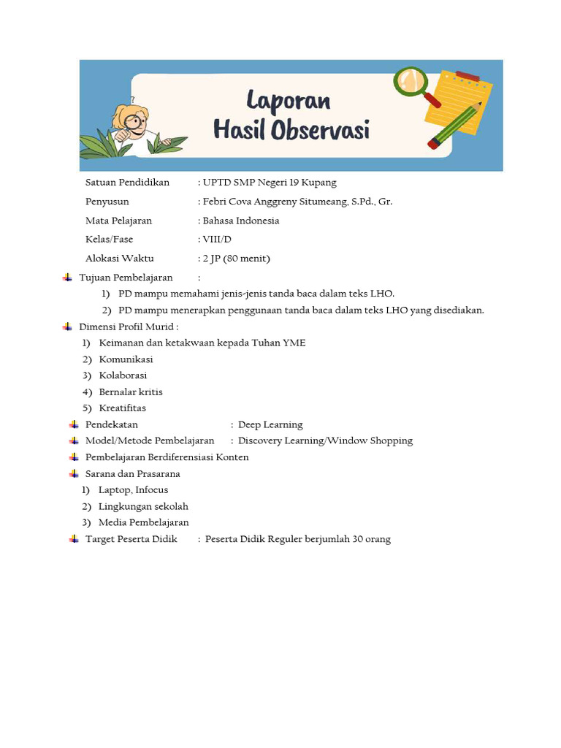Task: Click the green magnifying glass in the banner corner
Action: pyautogui.click(x=410, y=82)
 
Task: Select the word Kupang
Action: pyautogui.click(x=321, y=183)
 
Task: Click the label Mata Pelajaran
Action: pyautogui.click(x=119, y=221)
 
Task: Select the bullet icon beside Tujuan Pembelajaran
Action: pyautogui.click(x=67, y=278)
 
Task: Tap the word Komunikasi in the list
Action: pyautogui.click(x=126, y=359)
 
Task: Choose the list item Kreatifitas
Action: pyautogui.click(x=123, y=408)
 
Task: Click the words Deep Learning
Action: pyautogui.click(x=270, y=425)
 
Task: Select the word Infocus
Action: pyautogui.click(x=151, y=490)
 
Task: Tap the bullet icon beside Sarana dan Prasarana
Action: pyautogui.click(x=74, y=473)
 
